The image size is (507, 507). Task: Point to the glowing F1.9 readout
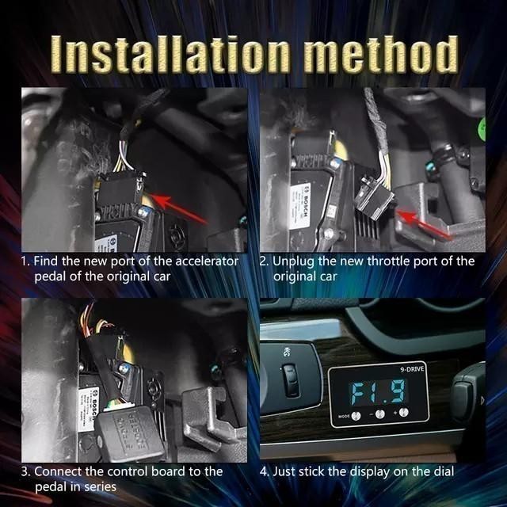point(379,392)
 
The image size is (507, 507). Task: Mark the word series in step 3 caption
point(107,486)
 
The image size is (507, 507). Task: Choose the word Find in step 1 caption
point(47,261)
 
